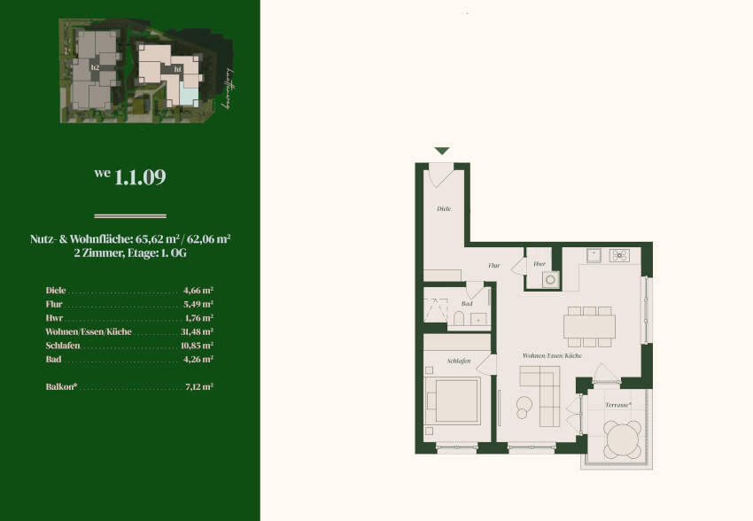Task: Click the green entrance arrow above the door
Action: click(x=441, y=152)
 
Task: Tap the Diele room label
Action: click(x=444, y=209)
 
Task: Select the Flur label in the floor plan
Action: click(x=494, y=264)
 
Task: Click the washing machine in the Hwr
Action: click(x=549, y=279)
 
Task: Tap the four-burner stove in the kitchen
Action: click(x=619, y=255)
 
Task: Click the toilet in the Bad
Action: click(x=459, y=318)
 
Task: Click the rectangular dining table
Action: click(x=589, y=327)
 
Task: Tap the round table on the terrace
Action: click(x=624, y=437)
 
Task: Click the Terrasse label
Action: click(x=617, y=404)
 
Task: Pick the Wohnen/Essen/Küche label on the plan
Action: click(x=551, y=355)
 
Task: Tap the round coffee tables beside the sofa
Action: click(x=523, y=406)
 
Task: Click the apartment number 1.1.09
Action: click(x=139, y=176)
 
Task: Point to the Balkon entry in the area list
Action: click(x=62, y=386)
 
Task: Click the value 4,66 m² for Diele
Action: click(x=198, y=290)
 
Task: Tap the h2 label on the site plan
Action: click(x=95, y=65)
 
